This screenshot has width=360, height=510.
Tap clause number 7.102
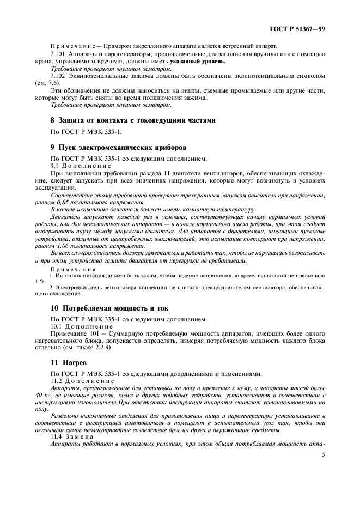point(58,77)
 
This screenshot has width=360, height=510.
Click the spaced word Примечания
point(73,269)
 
